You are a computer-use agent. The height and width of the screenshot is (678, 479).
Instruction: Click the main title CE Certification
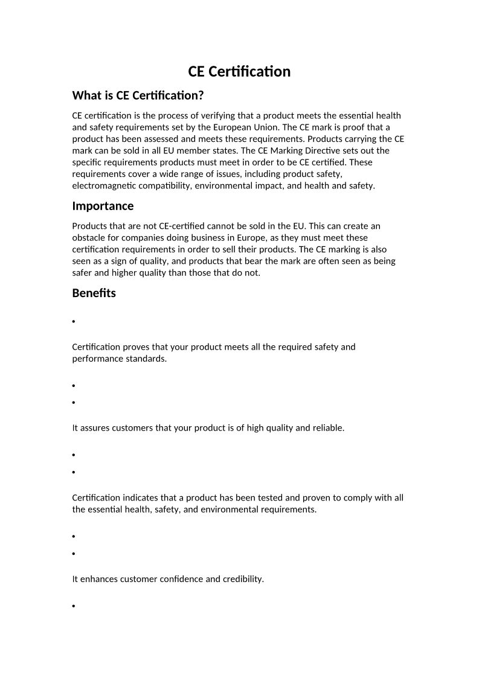coord(239,72)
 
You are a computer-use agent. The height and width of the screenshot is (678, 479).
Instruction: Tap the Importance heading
coord(103,206)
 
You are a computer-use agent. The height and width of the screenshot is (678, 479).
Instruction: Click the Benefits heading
coord(94,293)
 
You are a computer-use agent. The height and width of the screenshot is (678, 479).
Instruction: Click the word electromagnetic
coord(102,186)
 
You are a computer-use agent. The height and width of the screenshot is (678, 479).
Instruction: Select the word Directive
coord(324,151)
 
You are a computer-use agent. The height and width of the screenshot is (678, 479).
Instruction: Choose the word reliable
coord(328,428)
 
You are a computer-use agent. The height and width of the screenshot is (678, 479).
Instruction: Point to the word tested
coord(252,498)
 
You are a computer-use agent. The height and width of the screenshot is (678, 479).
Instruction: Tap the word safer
coord(83,272)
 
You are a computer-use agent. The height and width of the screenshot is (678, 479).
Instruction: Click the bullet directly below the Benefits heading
coord(74,322)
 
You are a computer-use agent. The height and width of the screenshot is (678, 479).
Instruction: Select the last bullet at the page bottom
coord(74,606)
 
